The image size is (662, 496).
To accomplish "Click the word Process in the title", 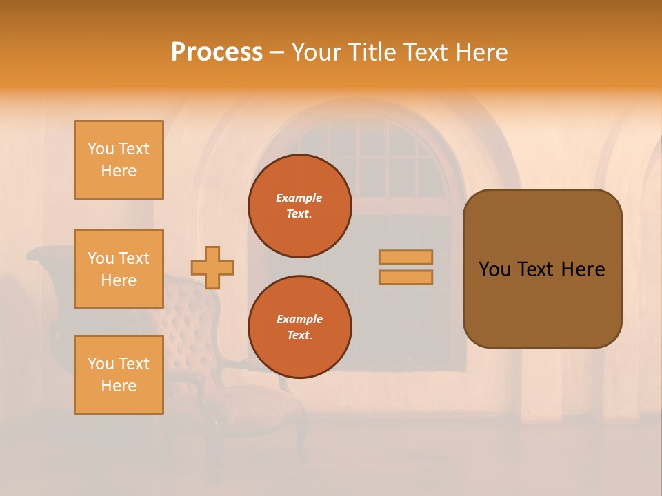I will [x=217, y=52].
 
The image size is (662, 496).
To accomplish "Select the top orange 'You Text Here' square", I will [x=119, y=160].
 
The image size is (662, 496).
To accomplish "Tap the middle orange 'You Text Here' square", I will [x=119, y=269].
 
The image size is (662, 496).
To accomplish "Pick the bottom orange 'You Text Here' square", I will [x=119, y=375].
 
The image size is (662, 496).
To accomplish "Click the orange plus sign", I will [x=212, y=267].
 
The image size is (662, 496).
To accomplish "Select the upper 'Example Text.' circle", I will [x=300, y=206].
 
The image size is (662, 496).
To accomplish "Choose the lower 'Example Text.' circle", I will [x=300, y=327].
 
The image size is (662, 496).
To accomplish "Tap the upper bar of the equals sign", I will [x=406, y=257].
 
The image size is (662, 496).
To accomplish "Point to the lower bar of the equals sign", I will [x=406, y=278].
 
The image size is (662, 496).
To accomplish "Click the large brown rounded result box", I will [x=542, y=303].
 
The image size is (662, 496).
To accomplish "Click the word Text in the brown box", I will [x=538, y=269].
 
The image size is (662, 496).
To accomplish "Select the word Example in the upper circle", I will [x=299, y=198].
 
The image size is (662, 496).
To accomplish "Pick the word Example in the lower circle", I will [x=299, y=319].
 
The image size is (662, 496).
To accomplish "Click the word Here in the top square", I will [x=119, y=171].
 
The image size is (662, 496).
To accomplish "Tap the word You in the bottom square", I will [x=101, y=364].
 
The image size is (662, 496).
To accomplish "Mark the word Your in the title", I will [x=314, y=52].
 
